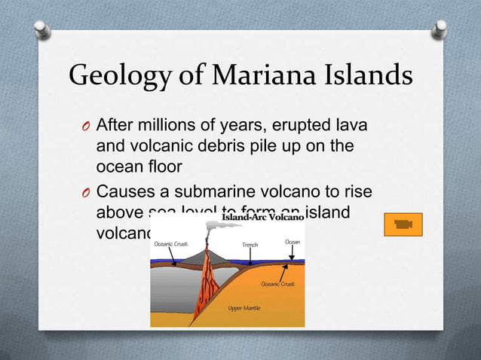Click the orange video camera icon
(x=408, y=224)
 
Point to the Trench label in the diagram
(x=250, y=245)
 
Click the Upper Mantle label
(x=246, y=309)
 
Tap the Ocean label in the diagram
(x=292, y=241)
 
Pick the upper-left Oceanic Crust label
(x=170, y=244)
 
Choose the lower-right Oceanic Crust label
(x=277, y=284)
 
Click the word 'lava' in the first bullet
(x=362, y=124)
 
